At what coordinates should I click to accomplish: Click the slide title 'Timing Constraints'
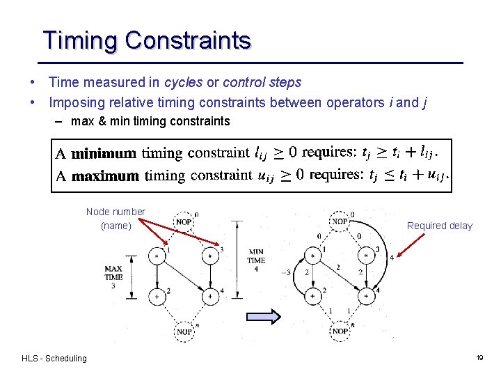point(146,40)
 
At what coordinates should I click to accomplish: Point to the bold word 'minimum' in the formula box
point(104,152)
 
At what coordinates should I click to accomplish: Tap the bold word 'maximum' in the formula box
point(105,175)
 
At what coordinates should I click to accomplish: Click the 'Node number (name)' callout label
point(116,219)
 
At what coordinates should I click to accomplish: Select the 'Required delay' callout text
point(439,226)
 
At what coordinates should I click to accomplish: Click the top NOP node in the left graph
point(184,221)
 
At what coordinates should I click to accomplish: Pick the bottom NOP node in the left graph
point(184,331)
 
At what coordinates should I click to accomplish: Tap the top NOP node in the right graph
point(340,221)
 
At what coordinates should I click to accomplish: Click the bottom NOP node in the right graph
point(340,331)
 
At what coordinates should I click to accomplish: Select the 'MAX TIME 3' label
point(113,276)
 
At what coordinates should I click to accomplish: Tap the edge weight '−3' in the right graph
point(286,272)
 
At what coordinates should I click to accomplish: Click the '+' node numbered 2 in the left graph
point(159,296)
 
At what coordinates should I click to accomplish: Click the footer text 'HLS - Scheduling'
point(54,359)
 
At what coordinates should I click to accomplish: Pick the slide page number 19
point(479,358)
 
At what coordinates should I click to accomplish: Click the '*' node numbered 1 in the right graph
point(314,256)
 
